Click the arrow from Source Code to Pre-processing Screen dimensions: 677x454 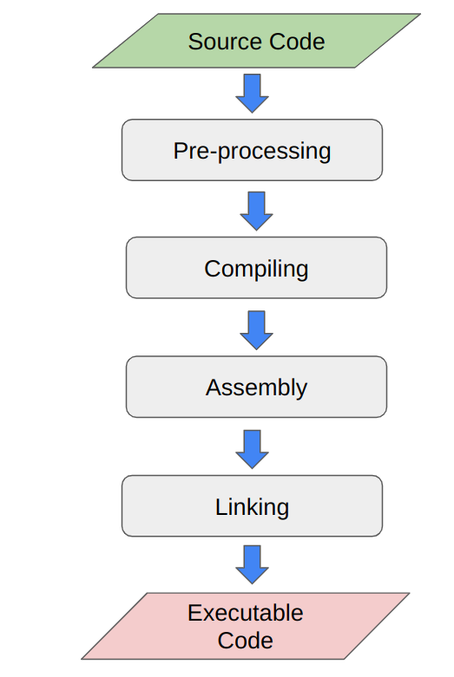pos(252,93)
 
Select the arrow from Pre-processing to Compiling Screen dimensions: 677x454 pos(256,210)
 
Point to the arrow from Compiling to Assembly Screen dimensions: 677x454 pos(256,329)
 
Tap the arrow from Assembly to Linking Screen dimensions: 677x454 pos(252,447)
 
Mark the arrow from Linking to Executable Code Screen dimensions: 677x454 pos(252,564)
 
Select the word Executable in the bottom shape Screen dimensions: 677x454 pos(246,613)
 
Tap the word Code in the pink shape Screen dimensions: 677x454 pos(246,641)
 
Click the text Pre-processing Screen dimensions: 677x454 pos(252,151)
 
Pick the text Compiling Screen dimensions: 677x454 pos(256,269)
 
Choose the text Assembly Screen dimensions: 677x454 pos(256,387)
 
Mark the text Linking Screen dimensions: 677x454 pos(252,506)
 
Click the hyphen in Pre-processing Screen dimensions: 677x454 pos(213,153)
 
